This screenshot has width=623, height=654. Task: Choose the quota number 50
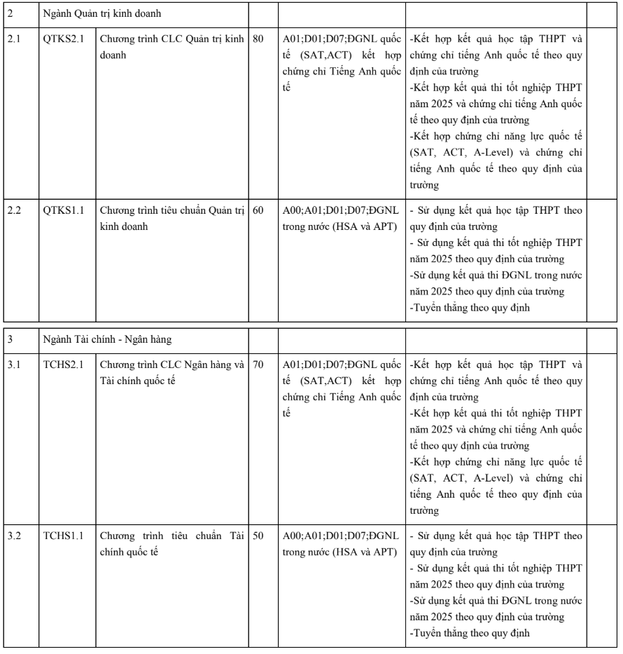258,536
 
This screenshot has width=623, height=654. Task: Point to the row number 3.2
13,536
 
